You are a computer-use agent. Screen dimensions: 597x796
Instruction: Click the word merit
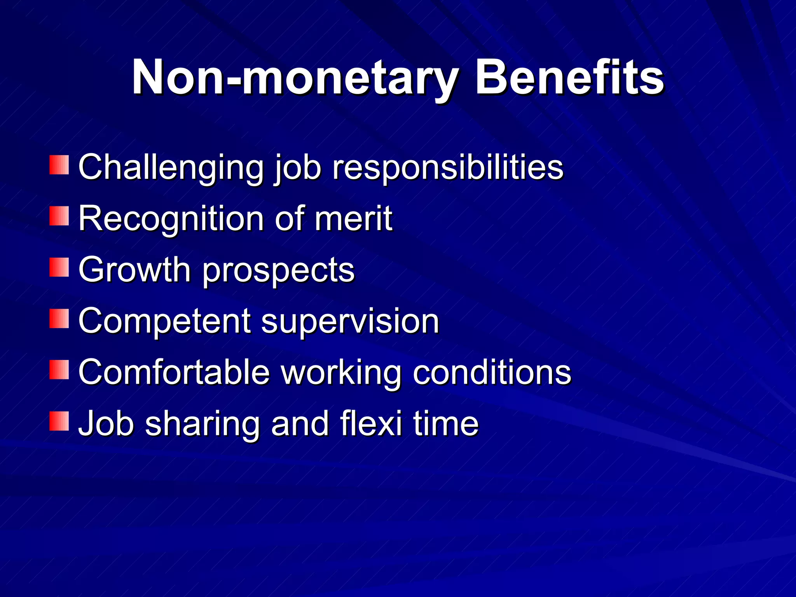(353, 218)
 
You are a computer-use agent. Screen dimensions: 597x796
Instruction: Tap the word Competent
(164, 322)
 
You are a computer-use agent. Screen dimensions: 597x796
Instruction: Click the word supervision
(350, 322)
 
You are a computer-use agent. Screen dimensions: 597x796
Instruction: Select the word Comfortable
(174, 372)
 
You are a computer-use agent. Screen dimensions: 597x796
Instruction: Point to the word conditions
(492, 372)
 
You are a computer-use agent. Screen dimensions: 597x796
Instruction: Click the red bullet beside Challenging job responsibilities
(59, 165)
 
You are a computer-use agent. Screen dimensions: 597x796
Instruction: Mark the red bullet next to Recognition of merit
(59, 216)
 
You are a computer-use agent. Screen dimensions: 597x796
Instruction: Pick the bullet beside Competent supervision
(59, 319)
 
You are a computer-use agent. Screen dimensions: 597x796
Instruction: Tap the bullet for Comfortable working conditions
(59, 370)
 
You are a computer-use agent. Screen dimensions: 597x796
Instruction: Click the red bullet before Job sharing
(59, 421)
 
